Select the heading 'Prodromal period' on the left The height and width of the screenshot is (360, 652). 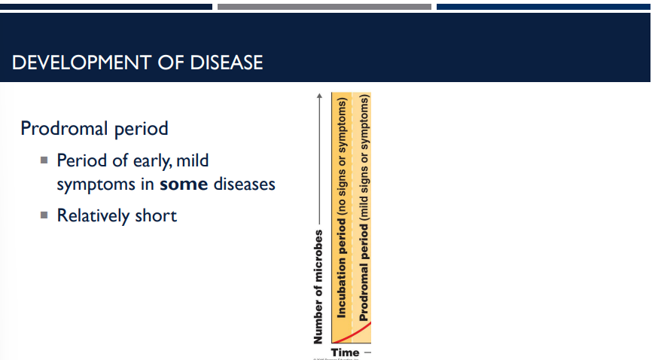[94, 129]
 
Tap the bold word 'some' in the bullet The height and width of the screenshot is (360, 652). [184, 184]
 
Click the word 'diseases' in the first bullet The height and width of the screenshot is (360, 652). [245, 184]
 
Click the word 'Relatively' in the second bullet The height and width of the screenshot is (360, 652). [93, 216]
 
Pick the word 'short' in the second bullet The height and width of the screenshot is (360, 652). [156, 216]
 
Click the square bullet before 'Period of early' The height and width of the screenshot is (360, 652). [44, 160]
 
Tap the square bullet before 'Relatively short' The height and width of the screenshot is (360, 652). [44, 215]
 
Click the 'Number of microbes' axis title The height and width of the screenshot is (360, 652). [319, 286]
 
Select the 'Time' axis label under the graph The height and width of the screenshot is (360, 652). [345, 352]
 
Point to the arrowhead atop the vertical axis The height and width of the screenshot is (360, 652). [319, 96]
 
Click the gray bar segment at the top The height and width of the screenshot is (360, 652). [324, 6]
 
